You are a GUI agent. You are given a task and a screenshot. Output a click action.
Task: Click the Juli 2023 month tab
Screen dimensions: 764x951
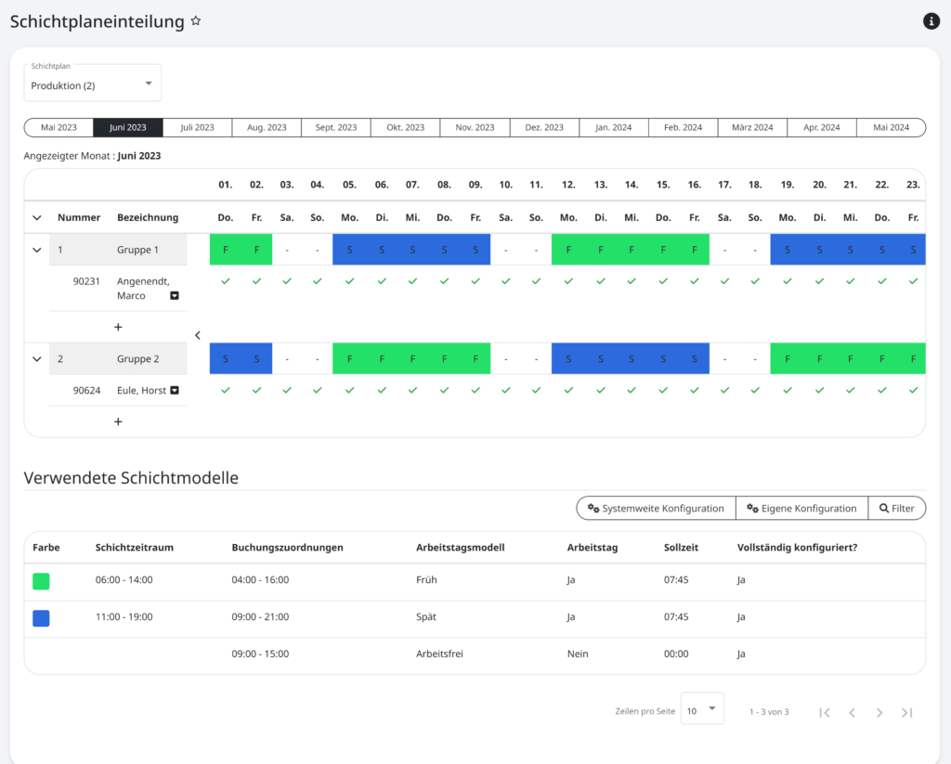pyautogui.click(x=197, y=127)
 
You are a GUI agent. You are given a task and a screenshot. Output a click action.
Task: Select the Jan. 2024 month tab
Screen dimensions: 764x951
pyautogui.click(x=613, y=127)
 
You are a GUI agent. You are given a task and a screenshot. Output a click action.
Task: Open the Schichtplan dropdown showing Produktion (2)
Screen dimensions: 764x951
pyautogui.click(x=93, y=84)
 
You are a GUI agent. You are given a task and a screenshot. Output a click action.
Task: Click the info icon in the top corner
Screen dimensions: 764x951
pyautogui.click(x=931, y=21)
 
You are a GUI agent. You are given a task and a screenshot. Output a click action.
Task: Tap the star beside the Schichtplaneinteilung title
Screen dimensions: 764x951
pyautogui.click(x=196, y=21)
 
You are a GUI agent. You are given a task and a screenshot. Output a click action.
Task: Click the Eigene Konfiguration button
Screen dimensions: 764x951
pyautogui.click(x=801, y=509)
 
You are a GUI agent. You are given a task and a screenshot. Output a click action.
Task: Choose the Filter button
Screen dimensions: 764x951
pyautogui.click(x=896, y=509)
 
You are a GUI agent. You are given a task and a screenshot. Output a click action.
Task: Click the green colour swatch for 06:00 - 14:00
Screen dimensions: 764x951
pyautogui.click(x=41, y=581)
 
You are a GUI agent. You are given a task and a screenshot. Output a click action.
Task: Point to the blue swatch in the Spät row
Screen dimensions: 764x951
pyautogui.click(x=41, y=618)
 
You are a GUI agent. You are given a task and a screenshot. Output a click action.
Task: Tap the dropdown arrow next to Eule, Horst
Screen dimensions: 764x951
pyautogui.click(x=175, y=391)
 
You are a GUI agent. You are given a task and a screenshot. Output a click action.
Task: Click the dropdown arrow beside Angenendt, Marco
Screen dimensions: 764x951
pyautogui.click(x=175, y=296)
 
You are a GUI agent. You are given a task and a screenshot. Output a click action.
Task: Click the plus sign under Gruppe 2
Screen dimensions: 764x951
pyautogui.click(x=118, y=421)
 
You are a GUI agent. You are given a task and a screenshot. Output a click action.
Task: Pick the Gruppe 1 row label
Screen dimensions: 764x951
pyautogui.click(x=137, y=250)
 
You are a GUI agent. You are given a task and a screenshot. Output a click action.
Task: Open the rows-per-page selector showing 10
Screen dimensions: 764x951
pyautogui.click(x=702, y=709)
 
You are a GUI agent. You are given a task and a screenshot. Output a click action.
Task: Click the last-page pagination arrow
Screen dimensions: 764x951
pyautogui.click(x=907, y=713)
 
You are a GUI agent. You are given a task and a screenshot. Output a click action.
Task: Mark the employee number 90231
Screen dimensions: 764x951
pyautogui.click(x=86, y=280)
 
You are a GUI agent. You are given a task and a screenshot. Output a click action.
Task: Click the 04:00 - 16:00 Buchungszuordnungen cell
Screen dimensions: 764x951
pyautogui.click(x=260, y=580)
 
